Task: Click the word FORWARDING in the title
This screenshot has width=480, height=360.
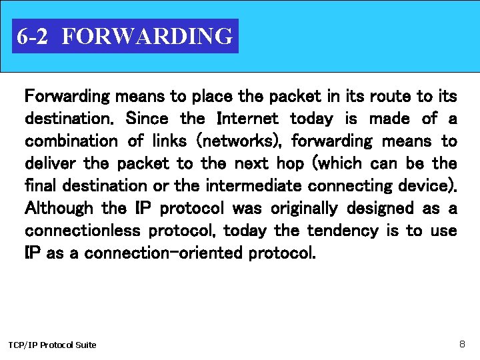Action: tap(147, 36)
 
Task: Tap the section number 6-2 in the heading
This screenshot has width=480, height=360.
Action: tap(32, 36)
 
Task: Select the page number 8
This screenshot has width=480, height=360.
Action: tap(462, 344)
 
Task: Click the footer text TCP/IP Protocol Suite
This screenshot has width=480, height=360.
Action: tap(52, 345)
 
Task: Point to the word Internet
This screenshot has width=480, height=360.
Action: tap(248, 119)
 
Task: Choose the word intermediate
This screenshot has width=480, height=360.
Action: tap(247, 186)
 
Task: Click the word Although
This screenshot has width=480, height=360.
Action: tap(59, 209)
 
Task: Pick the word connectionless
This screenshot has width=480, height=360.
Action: tap(83, 231)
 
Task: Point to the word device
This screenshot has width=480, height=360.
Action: tap(429, 186)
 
